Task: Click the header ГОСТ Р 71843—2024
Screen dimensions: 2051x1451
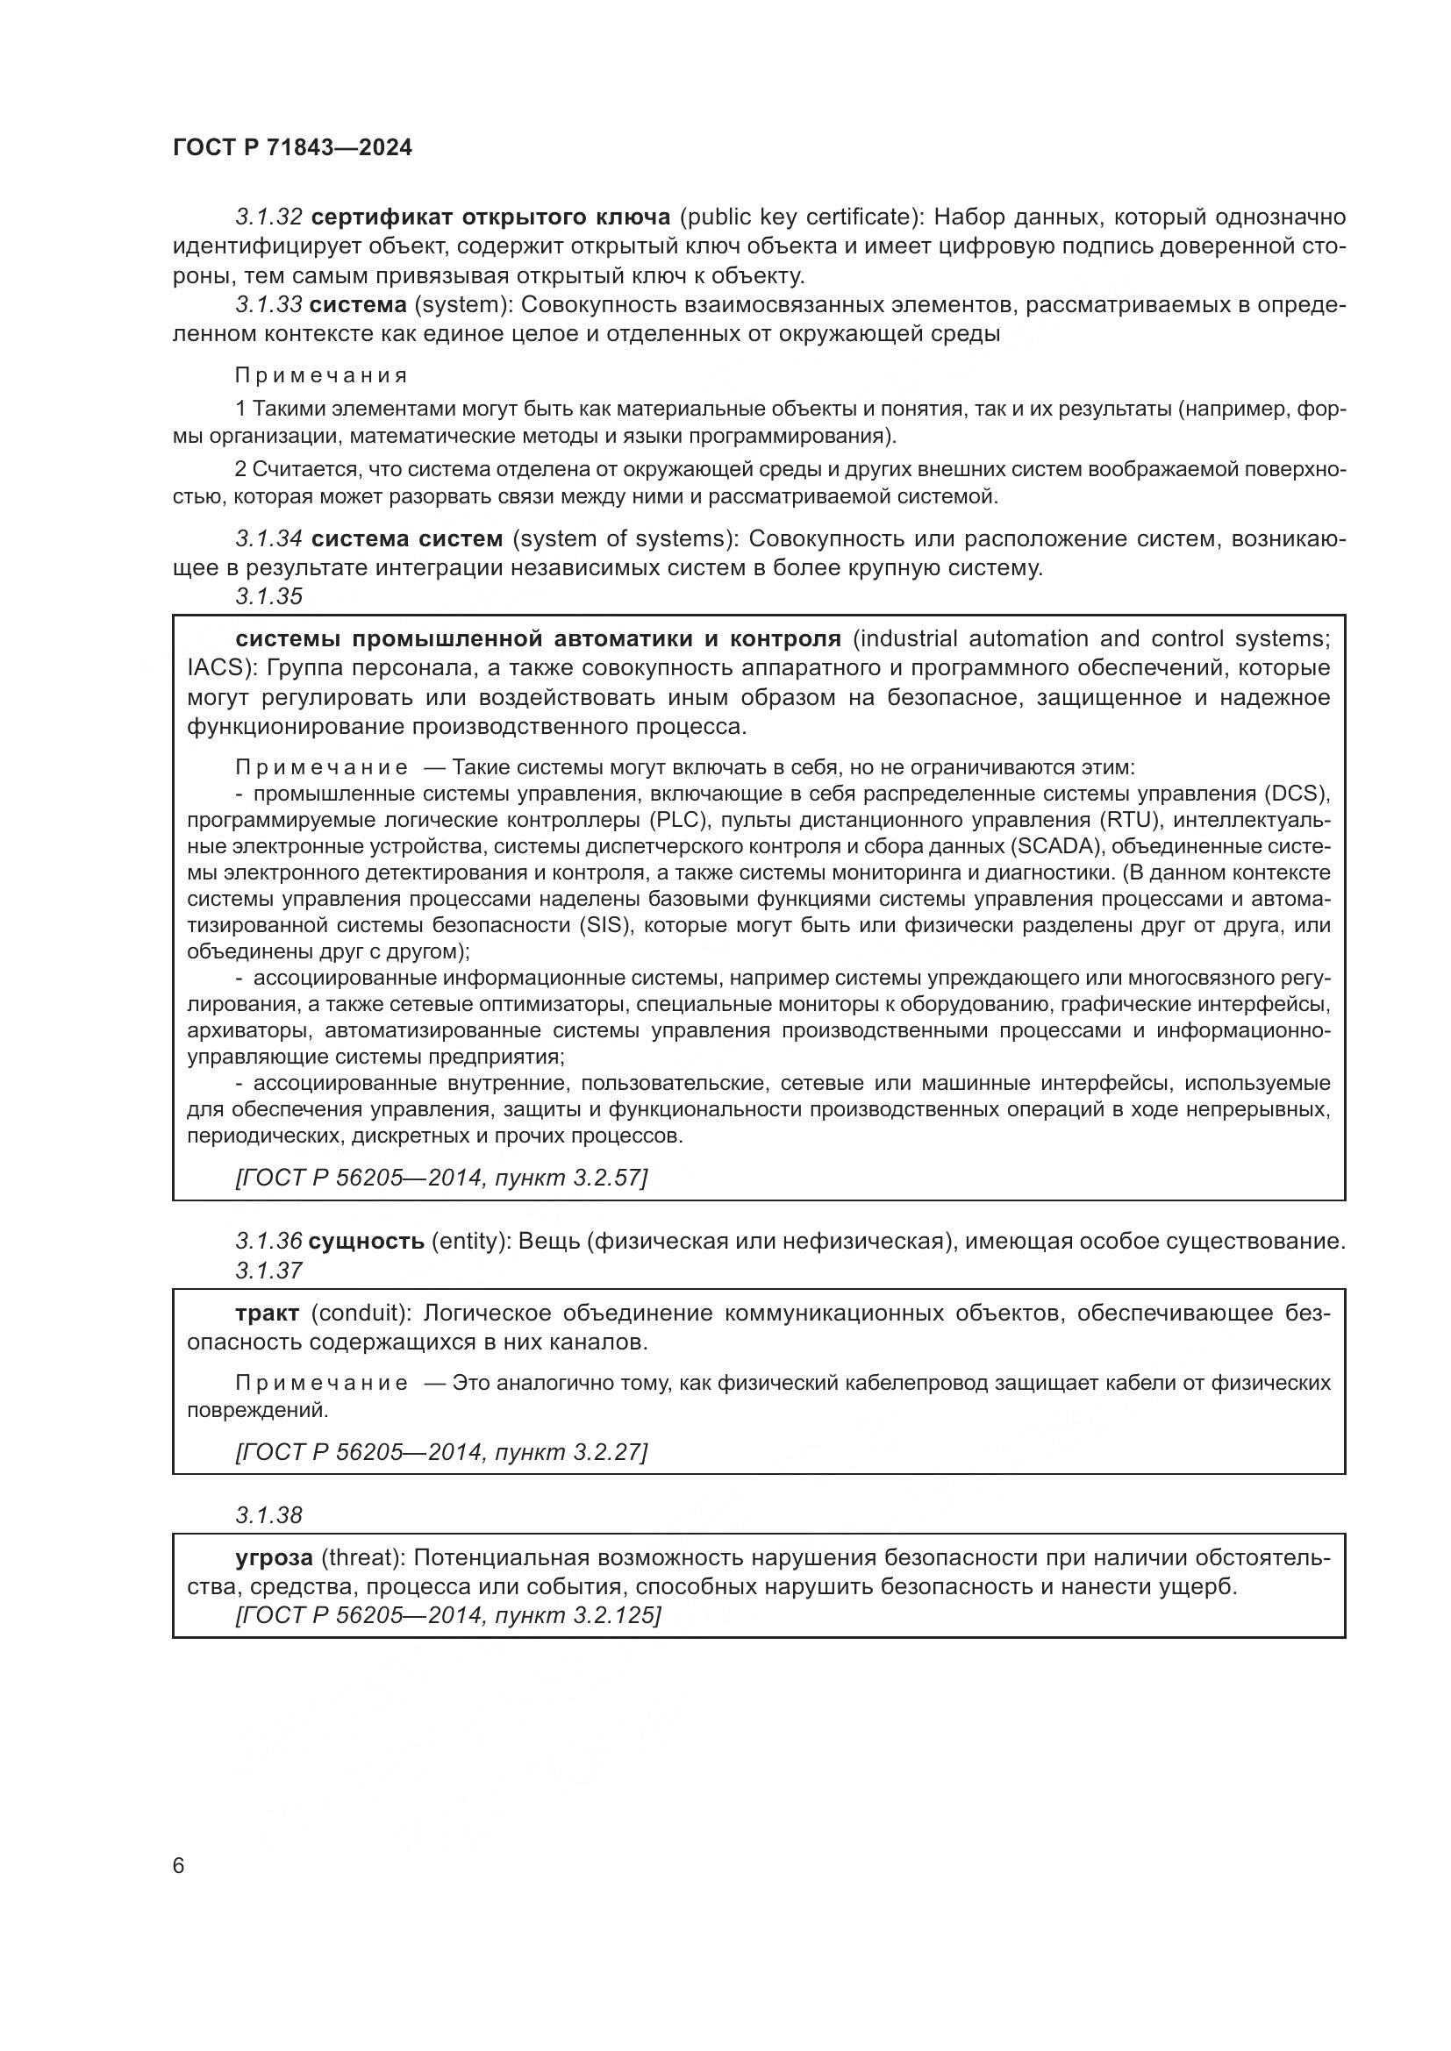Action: [x=292, y=148]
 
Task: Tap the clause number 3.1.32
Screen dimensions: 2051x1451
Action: [x=269, y=217]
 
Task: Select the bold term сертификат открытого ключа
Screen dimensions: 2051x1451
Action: [x=490, y=217]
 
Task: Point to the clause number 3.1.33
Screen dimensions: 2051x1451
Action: [x=269, y=304]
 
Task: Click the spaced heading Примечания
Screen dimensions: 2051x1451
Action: [x=322, y=375]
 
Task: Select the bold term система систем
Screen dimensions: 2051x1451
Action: [x=406, y=539]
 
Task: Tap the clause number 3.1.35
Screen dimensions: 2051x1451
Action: [x=269, y=597]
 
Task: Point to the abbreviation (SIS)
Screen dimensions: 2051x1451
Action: [x=606, y=924]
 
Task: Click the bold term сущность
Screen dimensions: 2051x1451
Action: [x=367, y=1241]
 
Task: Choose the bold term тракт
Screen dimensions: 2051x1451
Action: [x=268, y=1314]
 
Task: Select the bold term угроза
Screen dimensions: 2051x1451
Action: [x=274, y=1558]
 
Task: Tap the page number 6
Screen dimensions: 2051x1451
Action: [x=178, y=1866]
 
